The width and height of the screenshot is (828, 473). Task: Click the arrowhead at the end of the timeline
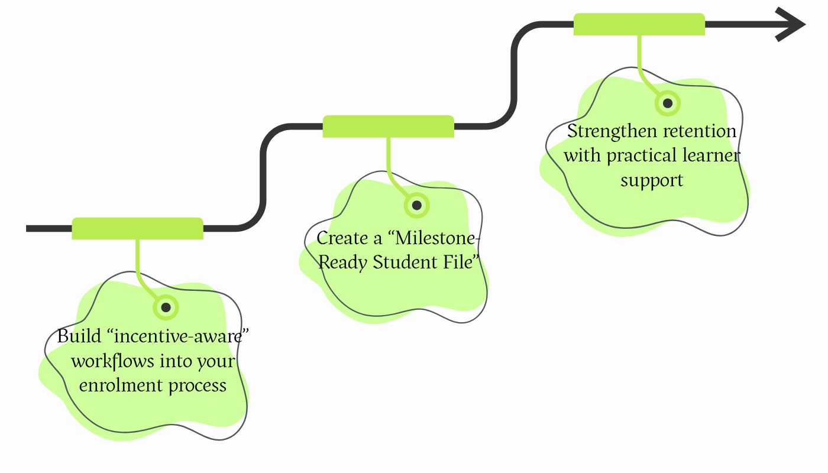pos(793,24)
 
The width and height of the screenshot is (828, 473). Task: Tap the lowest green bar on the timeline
pos(137,229)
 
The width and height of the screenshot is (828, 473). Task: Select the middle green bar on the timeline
pos(388,127)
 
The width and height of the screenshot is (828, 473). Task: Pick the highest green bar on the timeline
pos(639,24)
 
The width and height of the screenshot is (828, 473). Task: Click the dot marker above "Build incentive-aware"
pos(166,307)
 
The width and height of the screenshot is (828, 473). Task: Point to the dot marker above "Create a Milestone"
pos(416,205)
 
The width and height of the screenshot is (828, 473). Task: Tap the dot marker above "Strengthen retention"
pos(668,103)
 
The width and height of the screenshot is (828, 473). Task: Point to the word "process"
pos(198,385)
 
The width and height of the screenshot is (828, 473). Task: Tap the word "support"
pos(652,180)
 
